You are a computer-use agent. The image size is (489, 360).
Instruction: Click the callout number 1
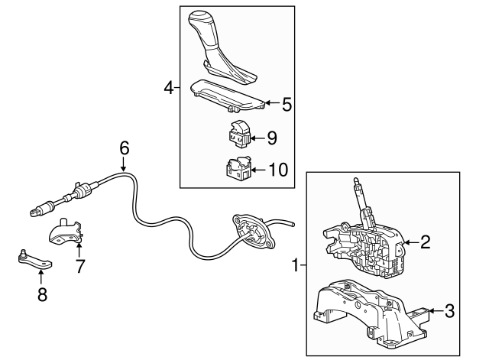pyautogui.click(x=294, y=266)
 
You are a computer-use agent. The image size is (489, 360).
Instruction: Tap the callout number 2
pyautogui.click(x=426, y=242)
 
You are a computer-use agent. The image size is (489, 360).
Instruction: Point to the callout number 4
pyautogui.click(x=169, y=88)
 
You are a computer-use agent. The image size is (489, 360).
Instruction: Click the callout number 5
pyautogui.click(x=287, y=104)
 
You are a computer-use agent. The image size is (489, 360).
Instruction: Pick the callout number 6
pyautogui.click(x=125, y=147)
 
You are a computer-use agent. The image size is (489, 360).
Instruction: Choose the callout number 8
pyautogui.click(x=42, y=294)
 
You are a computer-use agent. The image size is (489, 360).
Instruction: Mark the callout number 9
pyautogui.click(x=271, y=138)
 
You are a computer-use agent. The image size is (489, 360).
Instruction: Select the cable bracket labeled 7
pyautogui.click(x=67, y=234)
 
